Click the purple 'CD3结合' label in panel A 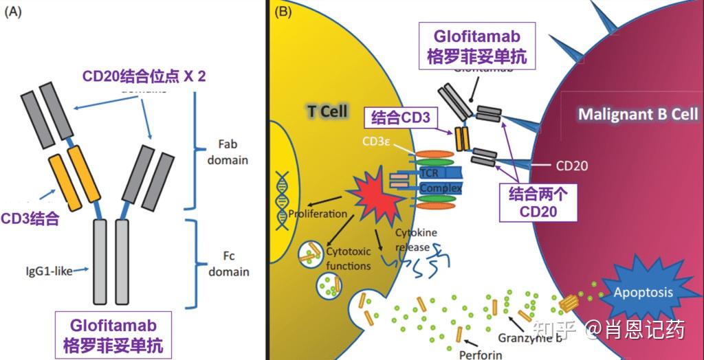click(30, 219)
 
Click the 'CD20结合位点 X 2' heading click(144, 76)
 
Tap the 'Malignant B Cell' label click(637, 114)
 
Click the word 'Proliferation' click(318, 213)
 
